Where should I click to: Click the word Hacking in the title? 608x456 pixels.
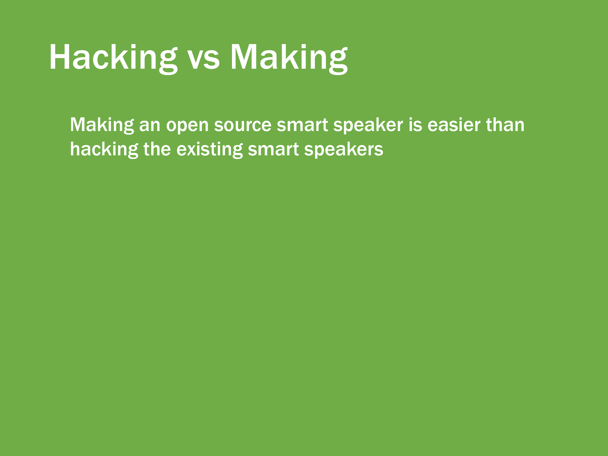(113, 58)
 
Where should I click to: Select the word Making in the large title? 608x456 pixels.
(289, 58)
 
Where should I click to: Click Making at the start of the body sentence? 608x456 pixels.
(102, 125)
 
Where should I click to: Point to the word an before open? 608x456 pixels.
(150, 127)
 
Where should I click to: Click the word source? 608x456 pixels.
(243, 127)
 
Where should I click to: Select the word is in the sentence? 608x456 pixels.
(415, 125)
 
